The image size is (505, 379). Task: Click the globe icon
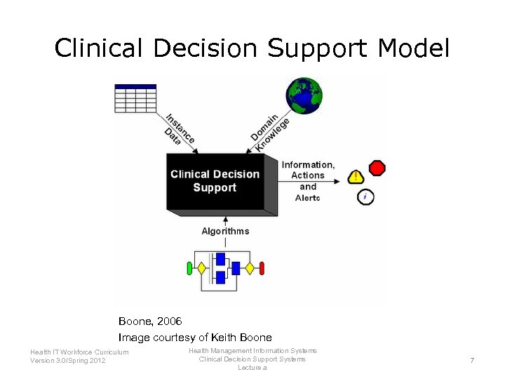(x=303, y=95)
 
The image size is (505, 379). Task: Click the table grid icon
(x=135, y=98)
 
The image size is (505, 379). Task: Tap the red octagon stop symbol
(x=377, y=168)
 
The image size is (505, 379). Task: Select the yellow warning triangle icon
(x=356, y=177)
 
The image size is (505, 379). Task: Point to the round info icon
(x=365, y=197)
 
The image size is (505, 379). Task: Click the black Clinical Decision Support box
(x=215, y=181)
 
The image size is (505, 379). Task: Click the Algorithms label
(x=225, y=231)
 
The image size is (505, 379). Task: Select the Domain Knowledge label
(x=269, y=131)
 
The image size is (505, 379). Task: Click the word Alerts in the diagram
(x=308, y=198)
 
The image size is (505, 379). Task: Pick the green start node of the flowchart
(x=189, y=268)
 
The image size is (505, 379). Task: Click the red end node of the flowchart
(x=262, y=268)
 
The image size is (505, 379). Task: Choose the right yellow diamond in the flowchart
(x=250, y=268)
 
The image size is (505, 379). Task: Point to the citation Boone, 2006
(x=150, y=321)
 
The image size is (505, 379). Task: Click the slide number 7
(x=472, y=360)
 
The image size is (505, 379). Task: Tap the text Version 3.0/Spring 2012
(x=68, y=361)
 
